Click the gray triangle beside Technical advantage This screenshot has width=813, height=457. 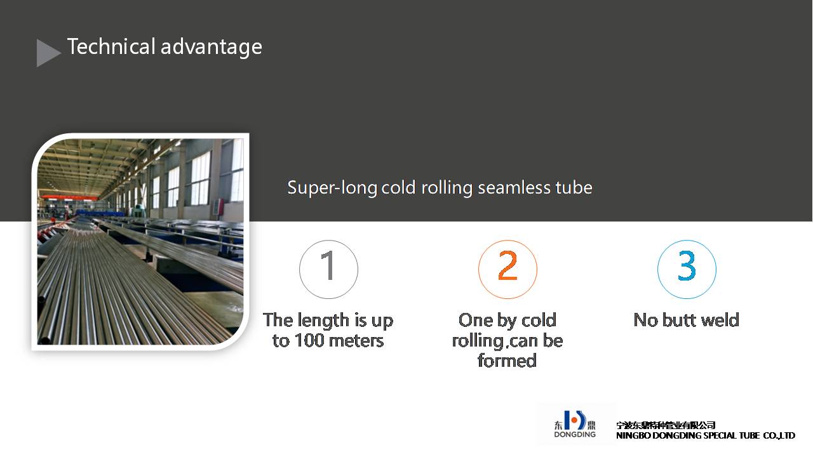point(46,53)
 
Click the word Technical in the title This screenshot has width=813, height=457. point(111,47)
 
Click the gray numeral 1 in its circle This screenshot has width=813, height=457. point(328,265)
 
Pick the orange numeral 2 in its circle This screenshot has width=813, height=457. point(507,265)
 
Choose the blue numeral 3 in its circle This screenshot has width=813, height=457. point(687,265)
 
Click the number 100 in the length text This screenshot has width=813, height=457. point(309,341)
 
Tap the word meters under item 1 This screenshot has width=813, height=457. point(356,341)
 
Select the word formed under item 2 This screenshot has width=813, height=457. point(507,361)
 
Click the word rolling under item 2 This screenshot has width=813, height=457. point(476,341)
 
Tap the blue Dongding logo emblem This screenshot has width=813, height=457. point(575,420)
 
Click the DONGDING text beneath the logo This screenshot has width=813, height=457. point(575,434)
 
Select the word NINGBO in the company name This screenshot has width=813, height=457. point(633,435)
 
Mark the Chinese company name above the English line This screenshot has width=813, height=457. point(666,425)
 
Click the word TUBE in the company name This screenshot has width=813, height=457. point(749,435)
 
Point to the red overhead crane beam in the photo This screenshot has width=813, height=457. point(71,197)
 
